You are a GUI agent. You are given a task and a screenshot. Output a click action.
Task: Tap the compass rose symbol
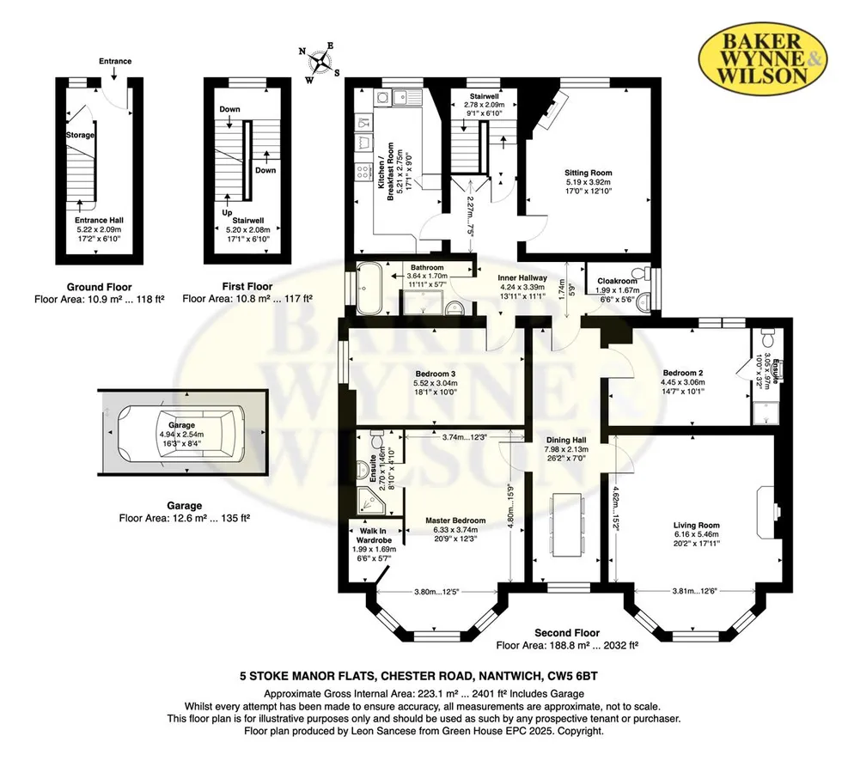(320, 62)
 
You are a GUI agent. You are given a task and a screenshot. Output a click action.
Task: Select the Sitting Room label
(589, 173)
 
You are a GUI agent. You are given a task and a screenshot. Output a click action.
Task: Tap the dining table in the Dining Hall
(568, 524)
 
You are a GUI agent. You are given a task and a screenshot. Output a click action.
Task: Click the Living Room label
(697, 525)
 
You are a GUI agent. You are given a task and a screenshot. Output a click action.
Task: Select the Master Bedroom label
(455, 520)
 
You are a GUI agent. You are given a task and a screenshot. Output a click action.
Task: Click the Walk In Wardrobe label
(374, 536)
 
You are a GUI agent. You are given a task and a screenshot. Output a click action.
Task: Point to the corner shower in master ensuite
(371, 501)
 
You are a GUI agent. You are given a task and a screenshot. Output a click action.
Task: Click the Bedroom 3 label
(436, 374)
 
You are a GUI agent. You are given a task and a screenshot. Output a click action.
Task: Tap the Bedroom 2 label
(682, 373)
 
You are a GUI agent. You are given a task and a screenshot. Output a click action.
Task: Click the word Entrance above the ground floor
(115, 61)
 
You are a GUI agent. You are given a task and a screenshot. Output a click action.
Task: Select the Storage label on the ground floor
(81, 135)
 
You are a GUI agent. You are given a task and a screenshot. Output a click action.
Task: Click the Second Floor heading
(567, 632)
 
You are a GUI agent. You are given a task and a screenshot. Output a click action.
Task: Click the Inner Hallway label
(522, 277)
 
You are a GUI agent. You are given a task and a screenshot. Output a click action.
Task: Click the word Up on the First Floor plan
(227, 213)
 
